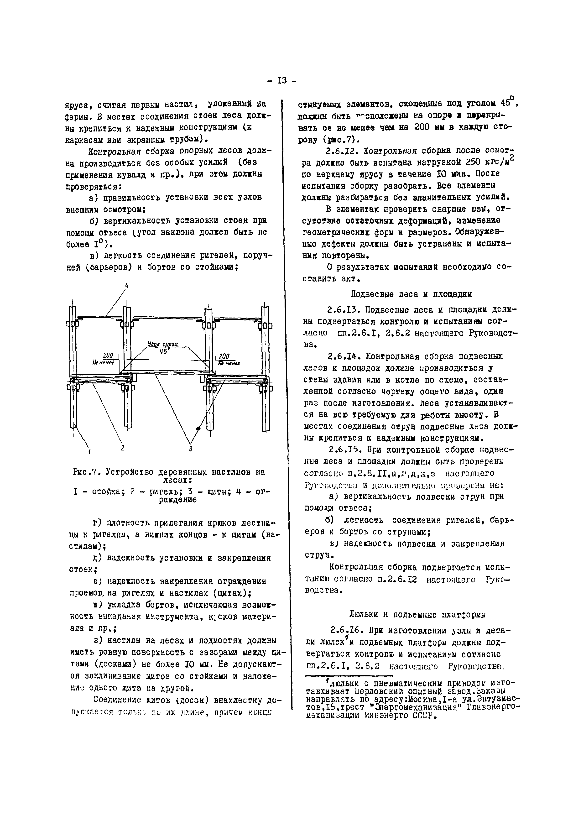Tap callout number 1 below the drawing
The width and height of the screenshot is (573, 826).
pos(89,451)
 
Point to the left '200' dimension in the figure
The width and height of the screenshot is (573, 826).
pos(108,355)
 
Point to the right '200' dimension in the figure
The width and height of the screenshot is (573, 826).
pos(224,356)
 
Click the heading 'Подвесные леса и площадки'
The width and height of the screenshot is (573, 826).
pos(411,294)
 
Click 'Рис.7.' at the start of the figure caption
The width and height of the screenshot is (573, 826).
pos(85,472)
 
